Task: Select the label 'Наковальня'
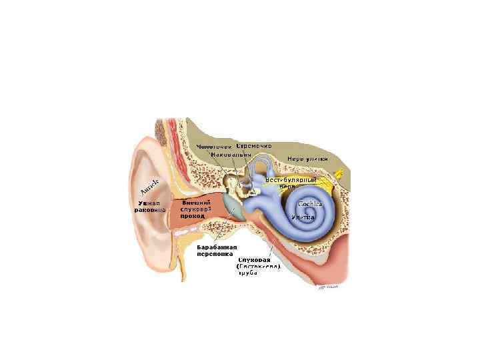pos(230,155)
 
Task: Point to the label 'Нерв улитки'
pos(307,159)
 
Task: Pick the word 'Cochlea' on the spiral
pos(311,204)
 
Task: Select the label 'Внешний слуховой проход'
pos(196,209)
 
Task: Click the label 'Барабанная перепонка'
pos(215,250)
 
